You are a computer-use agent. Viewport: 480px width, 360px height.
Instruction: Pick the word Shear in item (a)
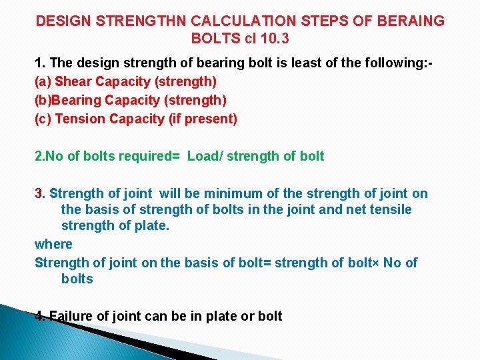(71, 82)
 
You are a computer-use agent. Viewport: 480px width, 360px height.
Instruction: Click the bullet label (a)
(43, 82)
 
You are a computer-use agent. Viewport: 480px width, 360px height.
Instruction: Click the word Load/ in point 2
(204, 157)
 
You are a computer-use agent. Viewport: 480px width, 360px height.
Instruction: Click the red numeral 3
(38, 194)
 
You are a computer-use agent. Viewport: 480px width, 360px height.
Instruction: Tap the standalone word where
(53, 245)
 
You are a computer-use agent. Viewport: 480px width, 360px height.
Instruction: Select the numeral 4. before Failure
(40, 316)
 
